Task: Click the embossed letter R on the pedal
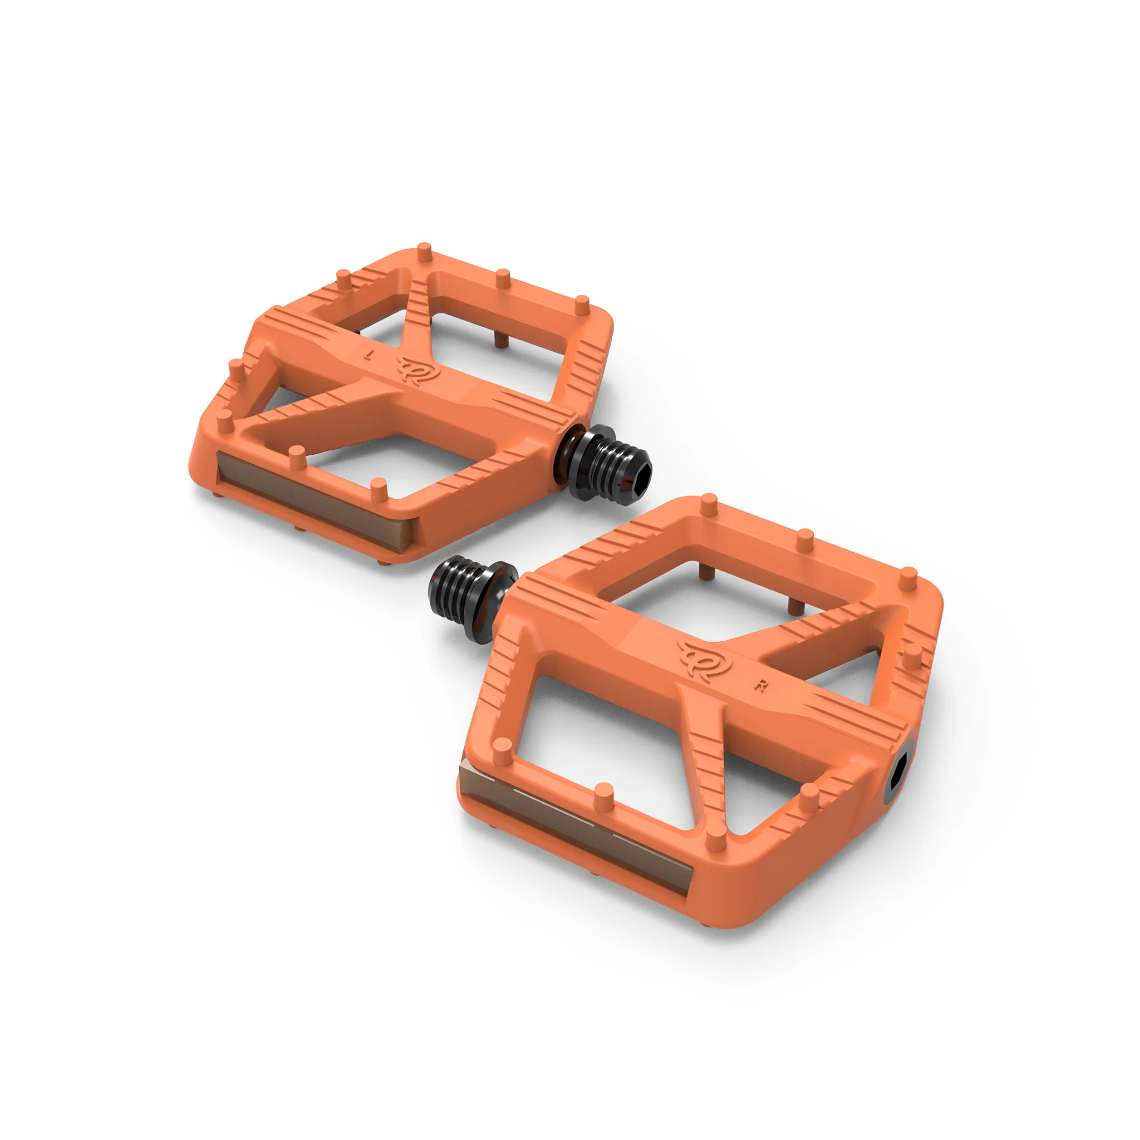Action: (x=762, y=686)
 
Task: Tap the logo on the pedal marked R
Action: (x=704, y=659)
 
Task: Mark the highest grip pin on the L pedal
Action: (x=424, y=252)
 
